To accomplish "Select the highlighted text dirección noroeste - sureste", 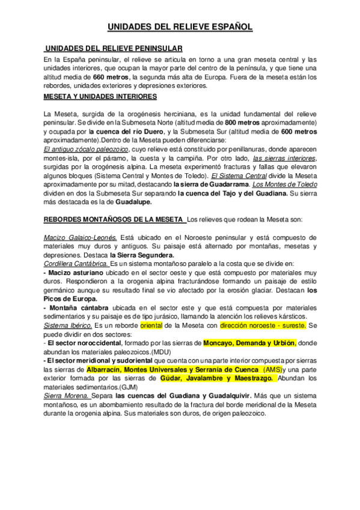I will pos(263,325).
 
